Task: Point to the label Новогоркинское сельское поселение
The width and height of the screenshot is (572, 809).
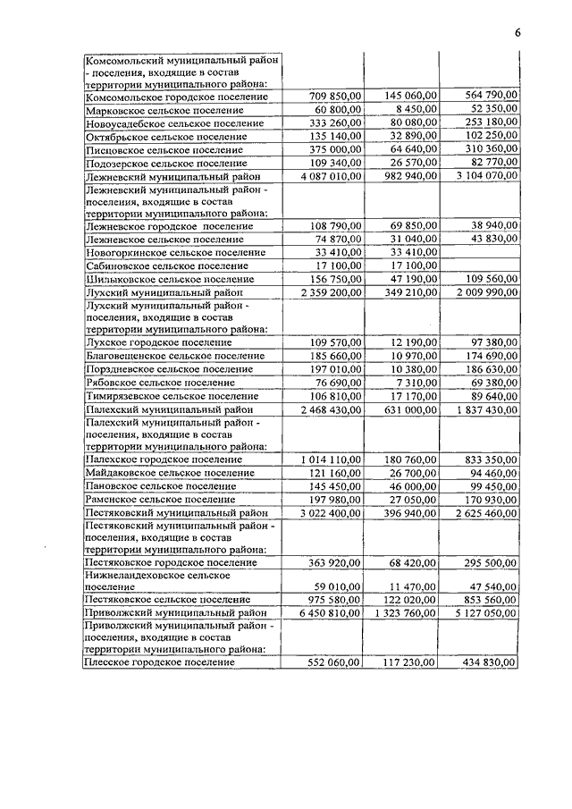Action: click(174, 253)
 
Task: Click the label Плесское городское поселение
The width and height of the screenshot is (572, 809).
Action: click(159, 662)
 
